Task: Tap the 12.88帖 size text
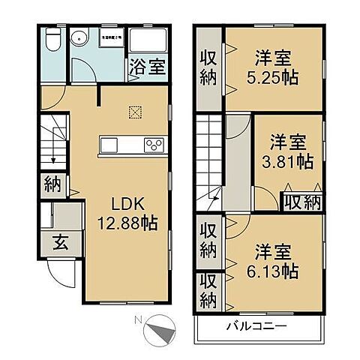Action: (x=124, y=223)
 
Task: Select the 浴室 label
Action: (x=147, y=66)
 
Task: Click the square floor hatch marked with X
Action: (x=135, y=112)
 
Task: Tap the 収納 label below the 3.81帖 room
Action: (x=301, y=201)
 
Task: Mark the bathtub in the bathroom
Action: (x=147, y=40)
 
